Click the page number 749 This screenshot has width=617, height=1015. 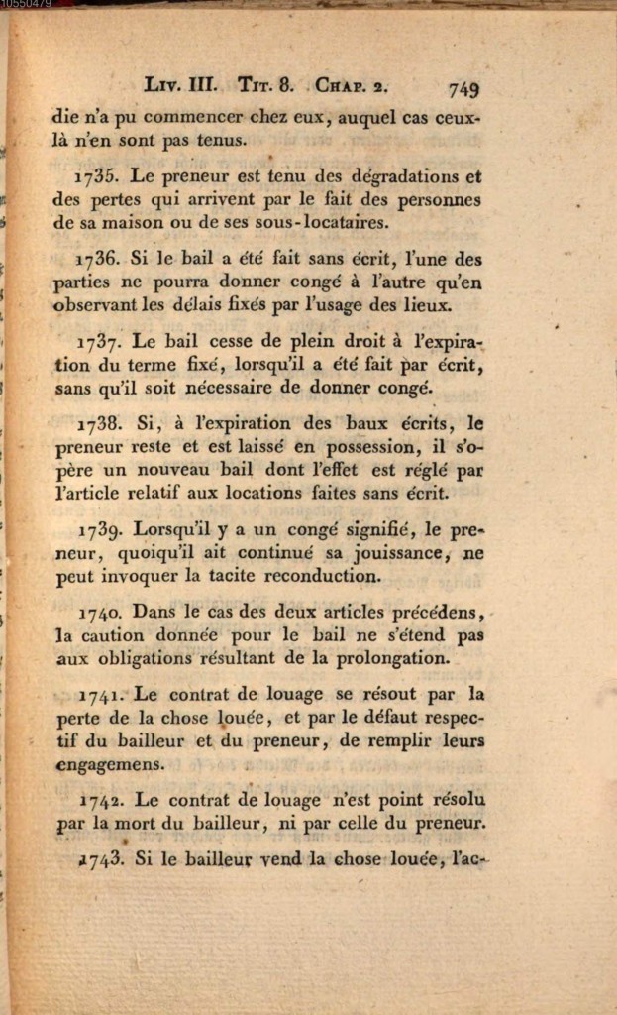[x=463, y=89]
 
